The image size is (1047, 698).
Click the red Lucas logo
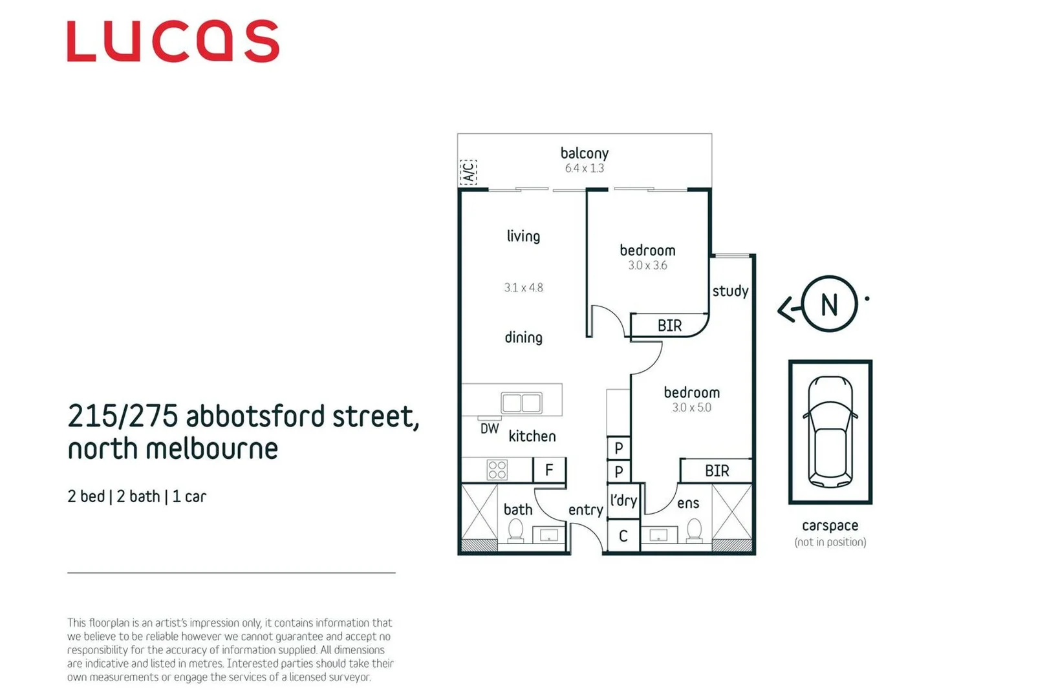tap(173, 41)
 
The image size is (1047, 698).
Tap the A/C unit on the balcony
tap(468, 172)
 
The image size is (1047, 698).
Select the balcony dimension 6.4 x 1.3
tap(584, 168)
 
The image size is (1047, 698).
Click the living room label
tap(523, 236)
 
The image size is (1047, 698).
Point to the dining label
tap(523, 337)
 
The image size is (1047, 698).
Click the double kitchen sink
tap(521, 403)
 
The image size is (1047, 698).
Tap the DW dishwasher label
tap(490, 428)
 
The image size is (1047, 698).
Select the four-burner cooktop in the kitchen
tap(497, 470)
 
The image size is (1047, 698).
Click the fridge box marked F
tap(549, 470)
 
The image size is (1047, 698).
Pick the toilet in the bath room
tap(515, 531)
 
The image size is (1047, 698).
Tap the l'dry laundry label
tap(623, 500)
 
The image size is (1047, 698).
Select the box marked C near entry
tap(623, 536)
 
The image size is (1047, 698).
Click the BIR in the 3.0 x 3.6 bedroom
tap(669, 325)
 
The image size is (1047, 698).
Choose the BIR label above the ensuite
tap(717, 471)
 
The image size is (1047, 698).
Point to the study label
tap(730, 291)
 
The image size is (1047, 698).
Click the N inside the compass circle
tap(829, 304)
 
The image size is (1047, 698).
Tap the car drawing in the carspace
tap(830, 432)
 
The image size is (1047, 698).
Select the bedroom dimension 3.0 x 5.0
tap(691, 408)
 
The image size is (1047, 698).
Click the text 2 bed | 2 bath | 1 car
tap(136, 496)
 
